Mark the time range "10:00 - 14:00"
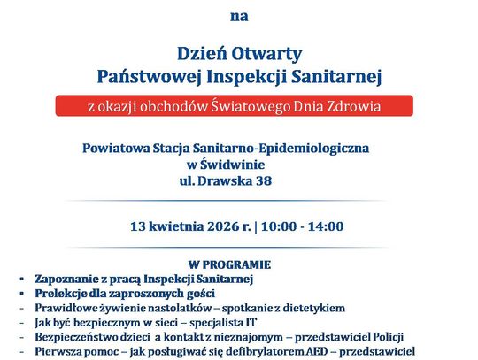tap(302, 226)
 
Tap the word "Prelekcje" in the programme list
tap(62, 293)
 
